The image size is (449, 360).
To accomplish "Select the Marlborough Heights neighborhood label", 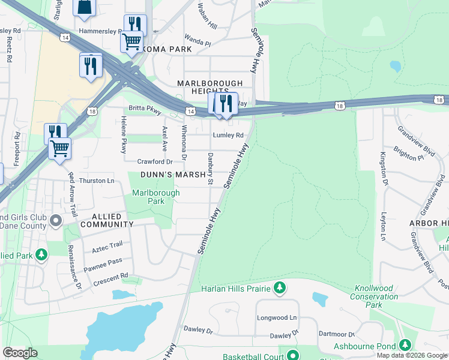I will tap(209, 87).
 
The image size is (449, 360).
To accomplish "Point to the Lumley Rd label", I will tap(228, 136).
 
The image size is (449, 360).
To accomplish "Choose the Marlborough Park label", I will tap(155, 197).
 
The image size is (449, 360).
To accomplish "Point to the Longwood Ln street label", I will tap(277, 317).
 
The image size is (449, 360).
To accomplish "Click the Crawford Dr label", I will tap(154, 162).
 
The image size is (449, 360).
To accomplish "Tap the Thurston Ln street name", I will tap(97, 181).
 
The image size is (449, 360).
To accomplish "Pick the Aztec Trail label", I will tap(107, 244).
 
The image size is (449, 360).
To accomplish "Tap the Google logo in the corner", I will tap(20, 353).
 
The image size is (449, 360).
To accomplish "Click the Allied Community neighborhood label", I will tap(104, 220).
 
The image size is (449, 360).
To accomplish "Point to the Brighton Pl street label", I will tap(409, 152).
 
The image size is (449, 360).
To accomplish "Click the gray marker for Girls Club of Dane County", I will tap(56, 221).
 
